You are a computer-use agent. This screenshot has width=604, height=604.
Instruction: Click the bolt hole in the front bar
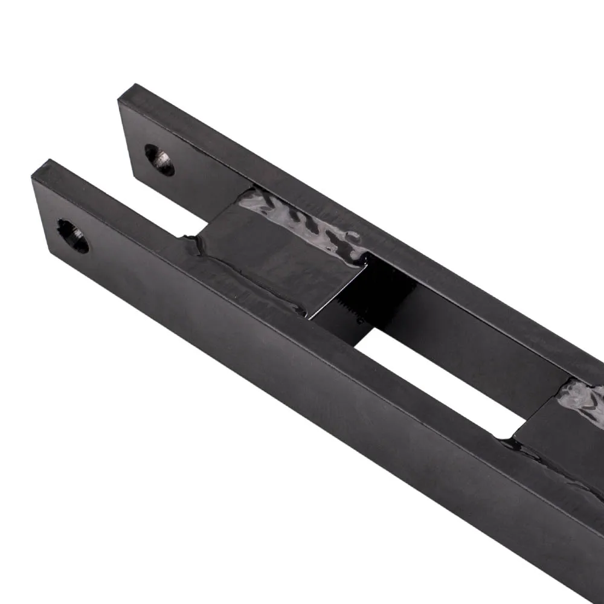[72, 236]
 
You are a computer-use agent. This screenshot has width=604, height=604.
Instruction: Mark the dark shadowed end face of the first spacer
[387, 284]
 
